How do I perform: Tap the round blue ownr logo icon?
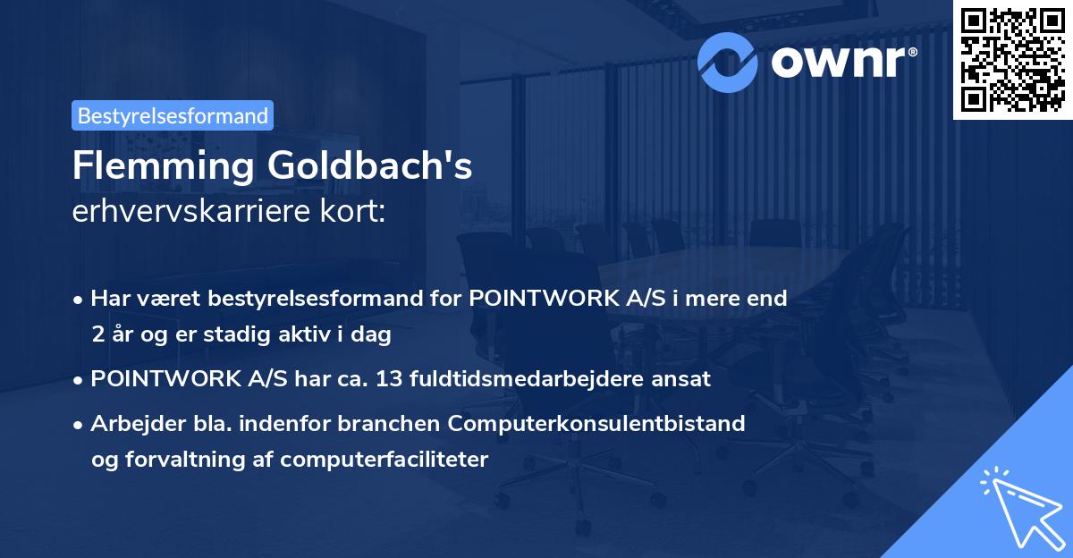729,61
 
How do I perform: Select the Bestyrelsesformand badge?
173,115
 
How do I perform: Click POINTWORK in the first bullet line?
543,299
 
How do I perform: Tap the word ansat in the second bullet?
684,379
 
